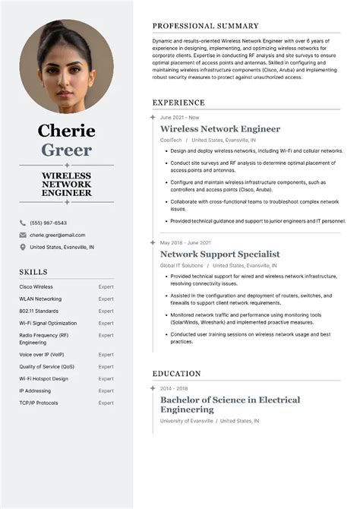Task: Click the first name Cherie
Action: click(x=66, y=131)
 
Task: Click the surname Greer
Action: click(x=66, y=150)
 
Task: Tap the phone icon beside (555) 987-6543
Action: click(x=23, y=223)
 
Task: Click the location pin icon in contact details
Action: click(x=23, y=247)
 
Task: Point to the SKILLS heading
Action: click(x=33, y=272)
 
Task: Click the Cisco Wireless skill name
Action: click(x=36, y=286)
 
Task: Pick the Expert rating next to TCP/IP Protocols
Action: click(x=106, y=403)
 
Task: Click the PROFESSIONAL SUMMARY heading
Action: click(x=205, y=26)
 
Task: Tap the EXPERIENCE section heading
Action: click(x=178, y=103)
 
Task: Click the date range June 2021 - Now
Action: click(x=179, y=118)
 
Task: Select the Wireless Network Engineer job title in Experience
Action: click(x=219, y=129)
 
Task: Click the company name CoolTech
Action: click(x=171, y=141)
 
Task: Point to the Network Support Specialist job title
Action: click(x=219, y=254)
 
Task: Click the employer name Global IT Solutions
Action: click(x=182, y=266)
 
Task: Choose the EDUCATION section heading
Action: click(x=176, y=374)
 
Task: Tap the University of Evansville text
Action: click(x=186, y=421)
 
